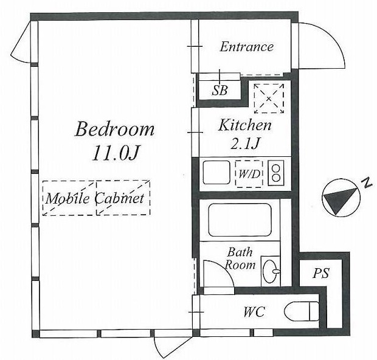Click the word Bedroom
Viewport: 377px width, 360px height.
coord(114,130)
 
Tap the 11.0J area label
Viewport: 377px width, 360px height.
coord(116,153)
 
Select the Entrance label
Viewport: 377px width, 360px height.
coord(247,47)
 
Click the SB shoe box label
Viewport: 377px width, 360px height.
coord(220,91)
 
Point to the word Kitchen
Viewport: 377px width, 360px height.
coord(245,125)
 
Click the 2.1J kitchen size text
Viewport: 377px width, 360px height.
coord(245,144)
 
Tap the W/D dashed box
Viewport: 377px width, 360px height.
coord(249,174)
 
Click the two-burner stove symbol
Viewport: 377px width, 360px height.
coord(276,173)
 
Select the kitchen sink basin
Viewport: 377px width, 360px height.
coord(216,173)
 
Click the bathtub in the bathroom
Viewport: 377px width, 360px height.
coord(240,220)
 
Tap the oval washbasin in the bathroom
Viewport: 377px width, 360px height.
coord(271,271)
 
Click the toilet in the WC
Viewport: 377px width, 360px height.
coord(302,311)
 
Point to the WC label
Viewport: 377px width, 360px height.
coord(254,312)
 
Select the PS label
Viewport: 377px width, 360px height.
coord(321,273)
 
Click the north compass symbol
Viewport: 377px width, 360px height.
coord(341,198)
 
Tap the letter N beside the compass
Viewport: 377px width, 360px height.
coord(367,183)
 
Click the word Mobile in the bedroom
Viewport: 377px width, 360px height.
coord(67,199)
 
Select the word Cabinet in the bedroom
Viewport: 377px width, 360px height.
coord(120,198)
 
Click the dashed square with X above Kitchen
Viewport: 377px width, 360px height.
coord(269,99)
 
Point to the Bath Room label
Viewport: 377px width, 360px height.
coord(240,258)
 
